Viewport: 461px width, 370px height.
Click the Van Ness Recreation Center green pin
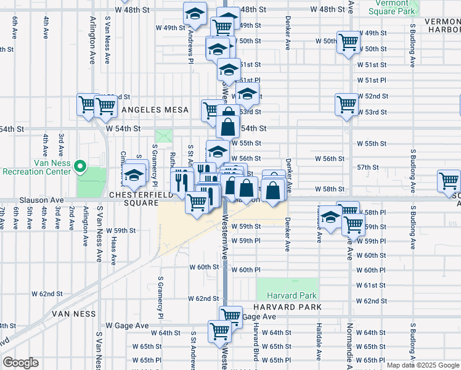80,166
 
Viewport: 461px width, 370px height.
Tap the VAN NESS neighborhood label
74,313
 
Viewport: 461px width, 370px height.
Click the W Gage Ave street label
127,325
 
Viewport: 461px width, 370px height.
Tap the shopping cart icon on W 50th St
349,42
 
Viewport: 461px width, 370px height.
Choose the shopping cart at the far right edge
449,181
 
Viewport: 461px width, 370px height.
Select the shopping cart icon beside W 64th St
219,331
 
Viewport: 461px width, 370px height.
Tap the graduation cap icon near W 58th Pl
332,218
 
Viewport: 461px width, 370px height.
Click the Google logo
21,363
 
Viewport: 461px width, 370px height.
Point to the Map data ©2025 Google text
422,365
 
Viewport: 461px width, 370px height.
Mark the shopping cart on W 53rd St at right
347,104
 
